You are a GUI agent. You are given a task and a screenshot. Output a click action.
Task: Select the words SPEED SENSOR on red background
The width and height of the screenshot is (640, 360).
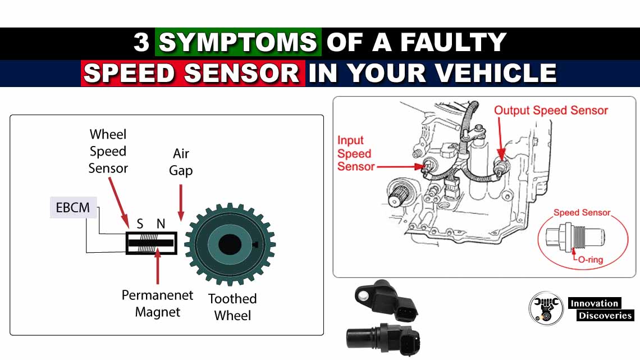192,74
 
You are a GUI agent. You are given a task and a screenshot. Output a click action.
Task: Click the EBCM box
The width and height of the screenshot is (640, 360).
72,207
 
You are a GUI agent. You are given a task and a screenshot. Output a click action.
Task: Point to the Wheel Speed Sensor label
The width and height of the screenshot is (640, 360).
108,151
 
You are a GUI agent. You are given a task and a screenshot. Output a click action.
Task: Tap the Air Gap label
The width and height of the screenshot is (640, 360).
181,162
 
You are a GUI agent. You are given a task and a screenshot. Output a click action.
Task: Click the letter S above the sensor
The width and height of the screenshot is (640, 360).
140,224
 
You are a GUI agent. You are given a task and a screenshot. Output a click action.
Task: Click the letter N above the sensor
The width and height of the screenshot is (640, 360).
161,224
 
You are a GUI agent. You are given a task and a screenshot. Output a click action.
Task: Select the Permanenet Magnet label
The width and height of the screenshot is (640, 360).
157,303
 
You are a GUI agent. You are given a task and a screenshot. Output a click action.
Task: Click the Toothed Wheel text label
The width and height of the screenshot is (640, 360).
232,307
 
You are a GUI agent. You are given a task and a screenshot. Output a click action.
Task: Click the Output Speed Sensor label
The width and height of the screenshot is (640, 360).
551,111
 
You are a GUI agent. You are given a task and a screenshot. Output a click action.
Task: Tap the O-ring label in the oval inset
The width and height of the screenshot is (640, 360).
590,260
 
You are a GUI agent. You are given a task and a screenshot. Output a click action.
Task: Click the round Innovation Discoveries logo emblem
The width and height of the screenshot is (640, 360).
546,308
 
